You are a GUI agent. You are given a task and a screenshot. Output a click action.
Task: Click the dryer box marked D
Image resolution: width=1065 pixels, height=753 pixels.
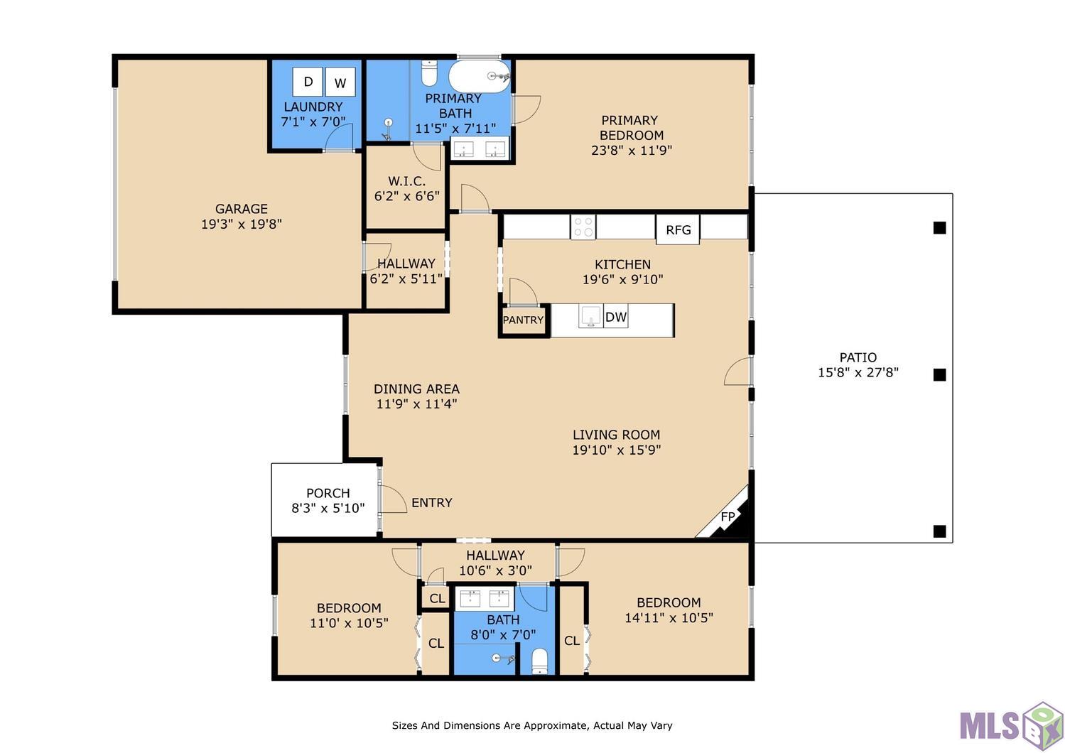pos(308,82)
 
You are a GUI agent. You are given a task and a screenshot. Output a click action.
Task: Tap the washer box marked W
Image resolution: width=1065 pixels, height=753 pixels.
pos(340,82)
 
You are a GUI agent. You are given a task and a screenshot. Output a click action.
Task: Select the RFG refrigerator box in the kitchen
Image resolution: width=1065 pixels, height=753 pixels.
pos(678,229)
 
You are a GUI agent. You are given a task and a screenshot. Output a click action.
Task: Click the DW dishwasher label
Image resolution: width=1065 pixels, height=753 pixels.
pos(616,317)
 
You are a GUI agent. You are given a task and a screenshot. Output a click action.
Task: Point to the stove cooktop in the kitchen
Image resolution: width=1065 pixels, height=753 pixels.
pos(583,227)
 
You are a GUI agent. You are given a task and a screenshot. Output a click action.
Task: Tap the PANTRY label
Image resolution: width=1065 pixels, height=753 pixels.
pos(523,320)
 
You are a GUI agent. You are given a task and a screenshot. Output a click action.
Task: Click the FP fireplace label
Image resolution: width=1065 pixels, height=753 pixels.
pos(728,516)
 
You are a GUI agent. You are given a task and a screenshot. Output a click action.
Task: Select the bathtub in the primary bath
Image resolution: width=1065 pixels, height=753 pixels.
pos(480,77)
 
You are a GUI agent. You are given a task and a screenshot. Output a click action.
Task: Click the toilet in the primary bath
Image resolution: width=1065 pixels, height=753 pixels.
pos(429,73)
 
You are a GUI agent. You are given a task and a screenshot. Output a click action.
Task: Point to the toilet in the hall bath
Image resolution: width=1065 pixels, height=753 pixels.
pos(540,661)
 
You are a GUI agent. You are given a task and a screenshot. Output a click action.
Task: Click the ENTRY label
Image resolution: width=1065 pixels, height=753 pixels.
pos(432,502)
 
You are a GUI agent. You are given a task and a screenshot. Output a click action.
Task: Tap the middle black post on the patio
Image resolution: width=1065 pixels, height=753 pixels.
pos(939,375)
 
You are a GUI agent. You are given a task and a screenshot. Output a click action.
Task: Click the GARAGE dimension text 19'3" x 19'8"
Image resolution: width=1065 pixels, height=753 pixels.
pos(242,224)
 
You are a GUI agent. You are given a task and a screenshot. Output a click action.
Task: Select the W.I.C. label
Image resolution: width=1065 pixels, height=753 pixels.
pos(406,181)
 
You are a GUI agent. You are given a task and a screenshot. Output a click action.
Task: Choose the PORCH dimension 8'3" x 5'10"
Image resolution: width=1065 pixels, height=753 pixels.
pos(328,508)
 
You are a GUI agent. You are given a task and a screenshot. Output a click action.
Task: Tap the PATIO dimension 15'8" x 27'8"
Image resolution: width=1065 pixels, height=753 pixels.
pos(858,372)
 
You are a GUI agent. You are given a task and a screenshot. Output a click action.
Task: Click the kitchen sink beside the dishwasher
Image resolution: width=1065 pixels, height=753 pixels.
pos(591,316)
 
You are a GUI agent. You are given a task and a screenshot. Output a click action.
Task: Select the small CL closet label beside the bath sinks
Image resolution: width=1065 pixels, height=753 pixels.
pos(437,598)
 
